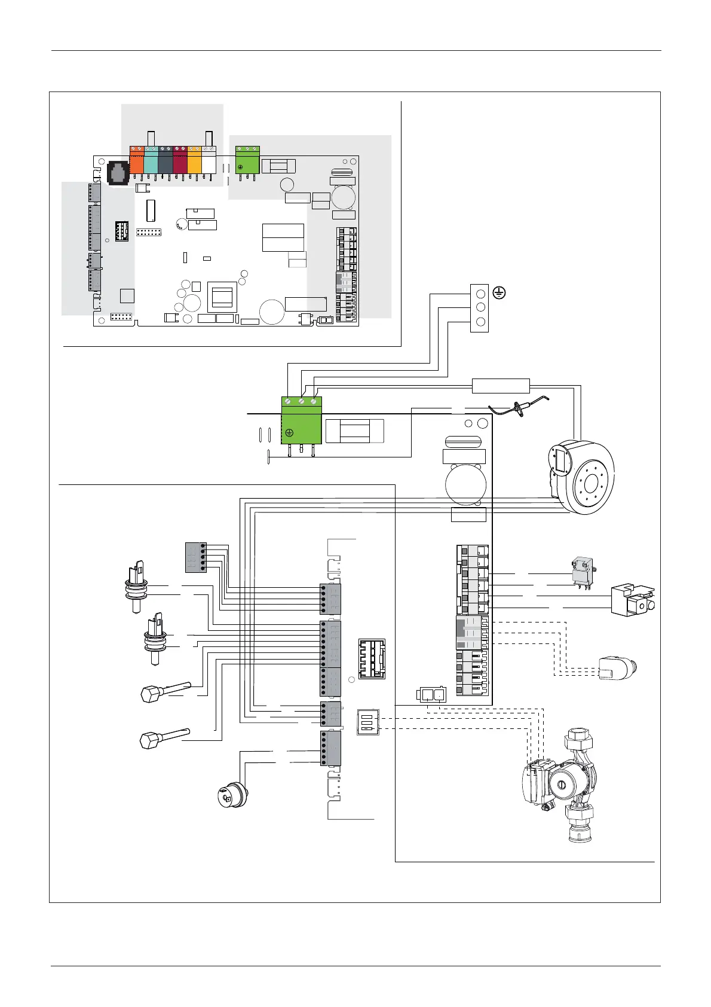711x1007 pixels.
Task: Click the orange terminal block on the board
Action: point(137,161)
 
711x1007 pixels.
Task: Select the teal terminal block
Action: point(151,161)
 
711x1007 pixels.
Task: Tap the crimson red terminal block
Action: point(180,161)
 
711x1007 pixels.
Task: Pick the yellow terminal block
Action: point(194,161)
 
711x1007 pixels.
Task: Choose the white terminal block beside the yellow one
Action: point(209,161)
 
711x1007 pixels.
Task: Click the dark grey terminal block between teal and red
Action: point(166,161)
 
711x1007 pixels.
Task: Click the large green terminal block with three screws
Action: point(301,420)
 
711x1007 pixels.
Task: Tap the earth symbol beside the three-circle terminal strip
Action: point(500,293)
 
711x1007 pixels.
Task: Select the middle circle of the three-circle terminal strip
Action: point(480,308)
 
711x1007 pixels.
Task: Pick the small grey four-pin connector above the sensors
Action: point(196,557)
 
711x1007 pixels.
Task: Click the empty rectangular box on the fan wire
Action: point(501,386)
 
